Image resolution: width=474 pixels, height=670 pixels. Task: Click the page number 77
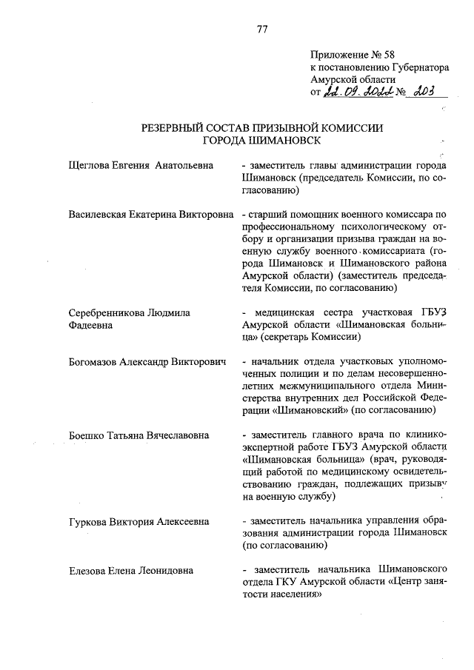click(262, 30)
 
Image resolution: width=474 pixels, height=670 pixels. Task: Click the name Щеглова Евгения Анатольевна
click(140, 166)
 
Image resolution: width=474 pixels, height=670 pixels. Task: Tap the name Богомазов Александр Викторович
click(146, 363)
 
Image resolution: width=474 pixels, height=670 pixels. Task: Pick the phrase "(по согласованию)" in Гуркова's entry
click(285, 545)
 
